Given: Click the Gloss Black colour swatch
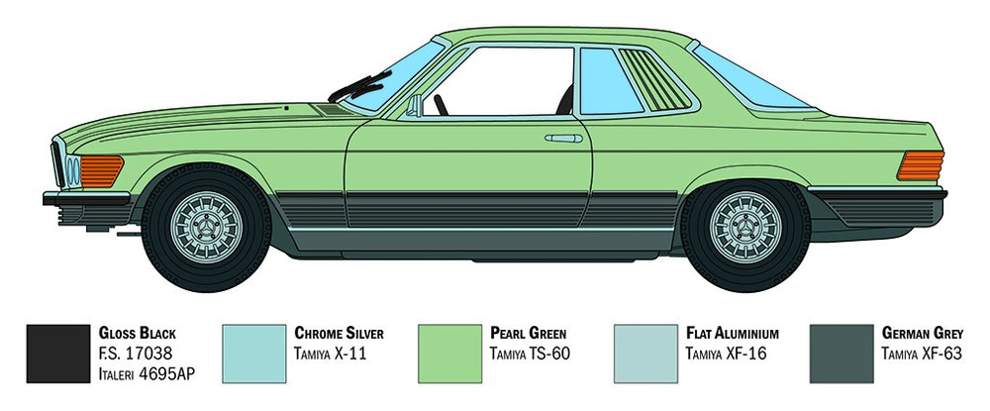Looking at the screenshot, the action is point(58,354).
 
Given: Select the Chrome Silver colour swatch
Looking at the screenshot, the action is point(254,354).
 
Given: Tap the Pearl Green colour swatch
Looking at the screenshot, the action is point(450,354).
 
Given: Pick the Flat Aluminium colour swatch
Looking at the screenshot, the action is point(645,354).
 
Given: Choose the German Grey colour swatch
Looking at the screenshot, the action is point(841,354).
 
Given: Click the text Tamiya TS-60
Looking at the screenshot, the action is point(529,354).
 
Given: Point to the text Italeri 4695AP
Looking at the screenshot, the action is point(147,373).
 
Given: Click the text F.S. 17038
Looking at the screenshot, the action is point(135,354).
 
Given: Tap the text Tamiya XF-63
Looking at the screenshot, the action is point(921,354).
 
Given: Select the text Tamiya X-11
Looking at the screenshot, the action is point(330,354).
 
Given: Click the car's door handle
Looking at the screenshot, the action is point(564,139).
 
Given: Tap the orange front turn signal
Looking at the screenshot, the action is point(101,171).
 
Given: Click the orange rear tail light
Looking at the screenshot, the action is point(921,165).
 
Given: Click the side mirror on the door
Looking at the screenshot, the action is point(414,106).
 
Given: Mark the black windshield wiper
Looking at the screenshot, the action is point(360,86).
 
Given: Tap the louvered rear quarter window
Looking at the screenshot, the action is point(654,79).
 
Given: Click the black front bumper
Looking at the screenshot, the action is point(86,198).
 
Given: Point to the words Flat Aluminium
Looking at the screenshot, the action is point(732,333).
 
